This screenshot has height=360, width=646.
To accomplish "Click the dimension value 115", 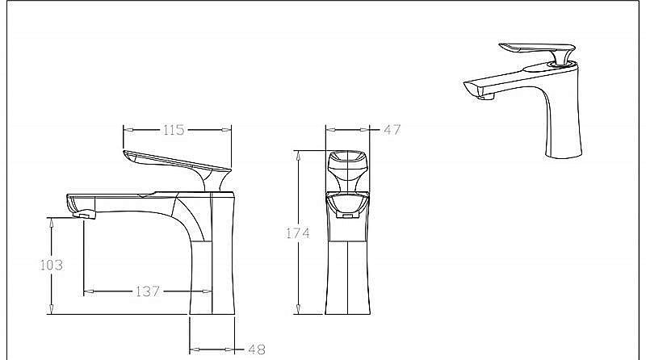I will click(x=174, y=129).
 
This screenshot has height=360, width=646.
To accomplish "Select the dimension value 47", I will click(x=392, y=129).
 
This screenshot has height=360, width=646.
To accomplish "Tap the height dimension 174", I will click(x=299, y=233).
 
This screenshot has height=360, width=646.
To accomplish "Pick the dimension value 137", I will click(x=146, y=291).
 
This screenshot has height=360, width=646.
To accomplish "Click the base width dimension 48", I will click(x=256, y=350).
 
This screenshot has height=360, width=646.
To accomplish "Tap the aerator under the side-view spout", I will click(x=82, y=215).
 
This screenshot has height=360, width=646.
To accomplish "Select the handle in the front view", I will click(x=346, y=168).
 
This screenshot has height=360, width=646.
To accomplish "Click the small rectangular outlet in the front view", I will click(x=347, y=216).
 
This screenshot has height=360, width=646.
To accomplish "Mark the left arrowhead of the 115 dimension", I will click(x=126, y=129).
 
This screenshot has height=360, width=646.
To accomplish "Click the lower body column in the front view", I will click(x=347, y=274).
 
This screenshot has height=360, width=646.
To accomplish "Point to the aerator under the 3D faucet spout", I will click(x=486, y=96).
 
